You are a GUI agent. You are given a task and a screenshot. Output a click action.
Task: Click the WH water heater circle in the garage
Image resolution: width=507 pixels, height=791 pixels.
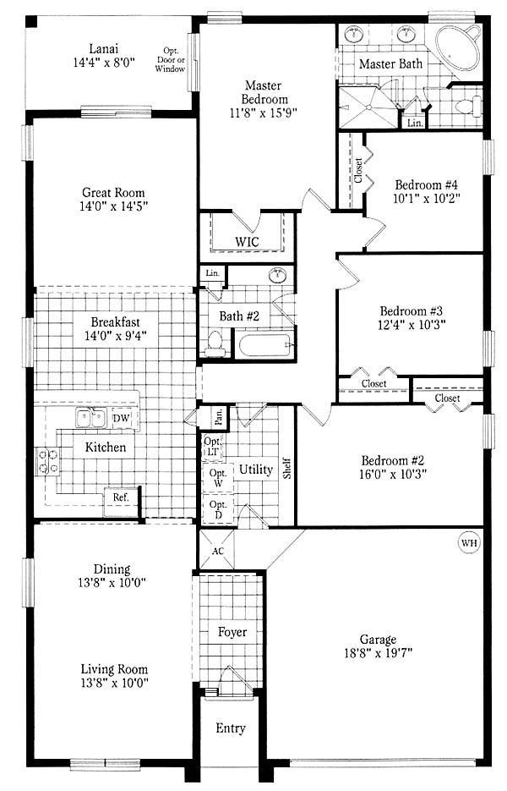469,543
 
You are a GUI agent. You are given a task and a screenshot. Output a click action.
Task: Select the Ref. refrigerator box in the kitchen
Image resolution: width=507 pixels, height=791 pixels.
121,501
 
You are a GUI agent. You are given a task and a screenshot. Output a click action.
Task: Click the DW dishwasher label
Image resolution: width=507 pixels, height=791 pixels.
121,418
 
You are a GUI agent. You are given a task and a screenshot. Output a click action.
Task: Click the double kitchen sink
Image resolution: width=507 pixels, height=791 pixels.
90,418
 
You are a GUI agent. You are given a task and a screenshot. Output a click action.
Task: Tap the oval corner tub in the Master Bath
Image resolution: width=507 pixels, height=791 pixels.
457,49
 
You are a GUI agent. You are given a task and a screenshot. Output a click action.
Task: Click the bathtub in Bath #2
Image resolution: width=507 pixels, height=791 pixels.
265,345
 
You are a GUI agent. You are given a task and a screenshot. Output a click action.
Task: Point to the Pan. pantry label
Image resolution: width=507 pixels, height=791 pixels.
219,417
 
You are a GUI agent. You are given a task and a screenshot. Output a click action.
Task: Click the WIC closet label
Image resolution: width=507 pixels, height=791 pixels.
247,242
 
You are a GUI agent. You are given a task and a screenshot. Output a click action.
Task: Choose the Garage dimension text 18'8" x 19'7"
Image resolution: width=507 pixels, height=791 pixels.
378,653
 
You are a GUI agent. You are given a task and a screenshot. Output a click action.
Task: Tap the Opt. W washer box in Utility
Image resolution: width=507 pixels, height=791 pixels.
218,478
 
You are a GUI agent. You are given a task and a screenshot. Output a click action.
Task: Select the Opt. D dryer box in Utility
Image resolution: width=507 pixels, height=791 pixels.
218,509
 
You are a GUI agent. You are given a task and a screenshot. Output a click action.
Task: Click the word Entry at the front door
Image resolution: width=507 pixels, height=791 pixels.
231,728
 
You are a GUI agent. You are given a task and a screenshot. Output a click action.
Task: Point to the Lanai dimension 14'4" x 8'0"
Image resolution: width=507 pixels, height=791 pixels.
104,63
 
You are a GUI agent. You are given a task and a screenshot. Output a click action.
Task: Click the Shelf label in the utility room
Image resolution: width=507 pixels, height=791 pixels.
286,468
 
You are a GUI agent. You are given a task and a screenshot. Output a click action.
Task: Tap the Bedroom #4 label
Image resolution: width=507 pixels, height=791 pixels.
427,184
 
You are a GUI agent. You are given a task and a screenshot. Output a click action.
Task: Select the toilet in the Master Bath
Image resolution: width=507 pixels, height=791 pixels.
467,107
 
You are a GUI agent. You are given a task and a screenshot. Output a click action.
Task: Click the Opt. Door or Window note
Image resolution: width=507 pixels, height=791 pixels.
171,59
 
